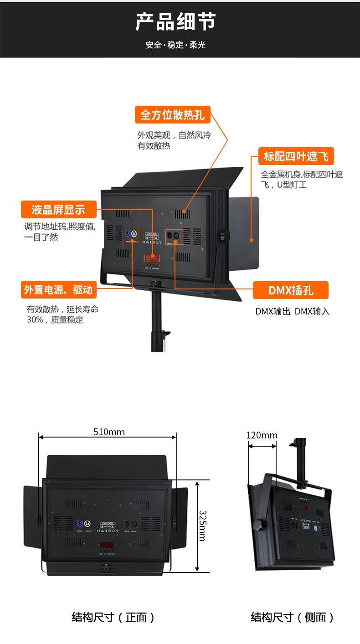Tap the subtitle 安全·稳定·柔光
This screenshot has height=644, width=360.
[x=175, y=45]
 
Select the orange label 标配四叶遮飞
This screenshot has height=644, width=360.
[x=296, y=156]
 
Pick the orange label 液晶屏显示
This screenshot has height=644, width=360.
[x=58, y=210]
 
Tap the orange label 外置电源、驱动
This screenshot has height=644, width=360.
[x=58, y=290]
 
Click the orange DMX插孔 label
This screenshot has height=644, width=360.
[x=291, y=290]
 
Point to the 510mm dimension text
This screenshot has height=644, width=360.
[x=109, y=432]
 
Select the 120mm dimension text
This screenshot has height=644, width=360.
[x=262, y=435]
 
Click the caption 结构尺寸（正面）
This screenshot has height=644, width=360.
[x=113, y=617]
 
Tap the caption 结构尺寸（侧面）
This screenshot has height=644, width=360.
[x=293, y=617]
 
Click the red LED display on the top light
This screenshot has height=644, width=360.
[x=152, y=258]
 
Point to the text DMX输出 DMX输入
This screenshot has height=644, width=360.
[x=292, y=312]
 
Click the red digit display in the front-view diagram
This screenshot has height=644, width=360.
[x=107, y=545]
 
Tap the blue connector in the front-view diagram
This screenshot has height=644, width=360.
[x=81, y=523]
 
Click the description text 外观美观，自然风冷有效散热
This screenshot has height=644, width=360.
[x=175, y=140]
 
